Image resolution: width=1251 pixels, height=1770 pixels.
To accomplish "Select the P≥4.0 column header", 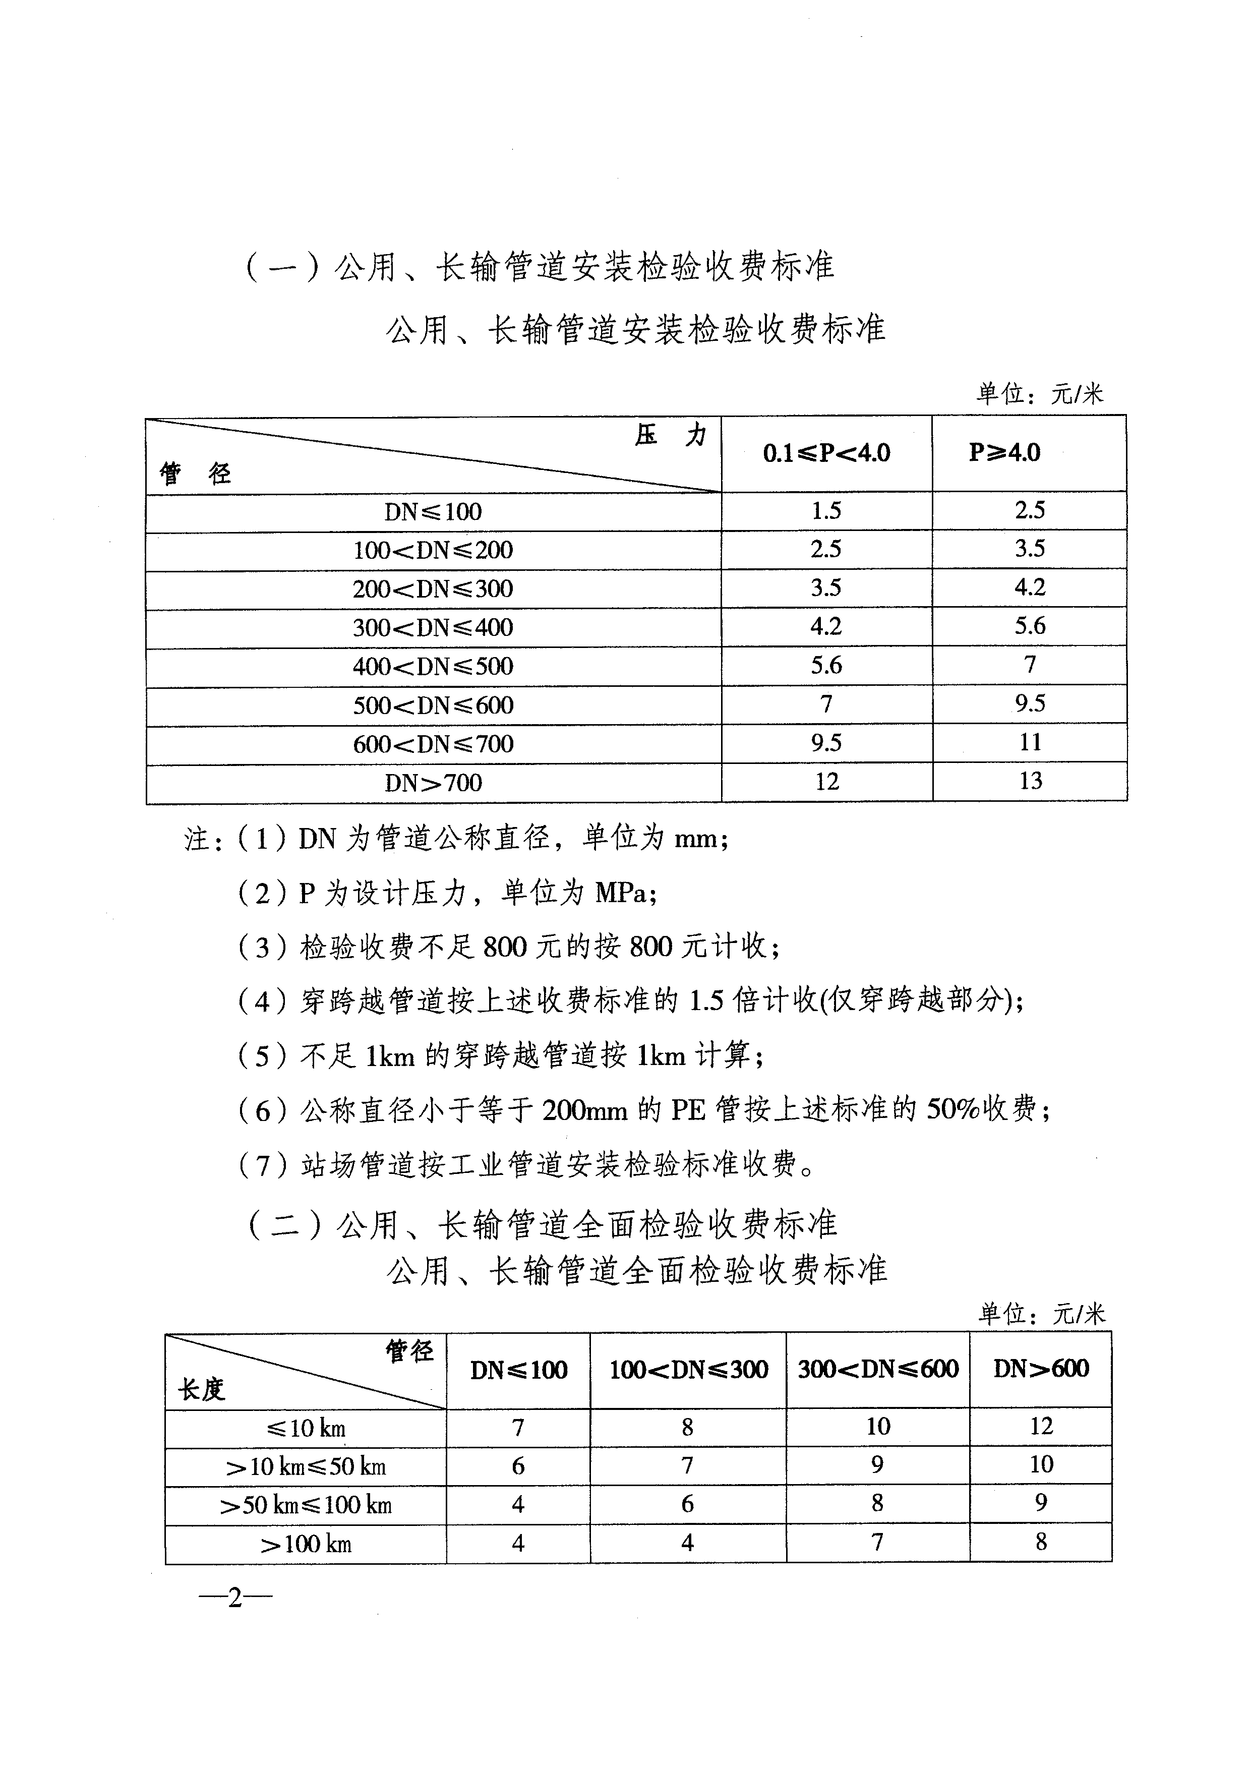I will coord(1004,452).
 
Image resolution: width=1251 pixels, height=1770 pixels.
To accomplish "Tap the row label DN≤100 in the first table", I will coord(433,512).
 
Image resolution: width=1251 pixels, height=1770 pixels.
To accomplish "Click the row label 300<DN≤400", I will coord(433,627).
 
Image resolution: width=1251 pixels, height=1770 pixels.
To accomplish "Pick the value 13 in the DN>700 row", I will coord(1031,781).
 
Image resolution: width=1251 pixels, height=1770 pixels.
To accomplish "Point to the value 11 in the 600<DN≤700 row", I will coord(1031,742).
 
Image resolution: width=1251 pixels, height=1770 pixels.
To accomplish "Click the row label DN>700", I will coord(433,783).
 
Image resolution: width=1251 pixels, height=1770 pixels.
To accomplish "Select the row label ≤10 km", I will coord(306,1429).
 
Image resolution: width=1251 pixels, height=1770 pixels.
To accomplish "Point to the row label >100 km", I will coord(306,1544).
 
